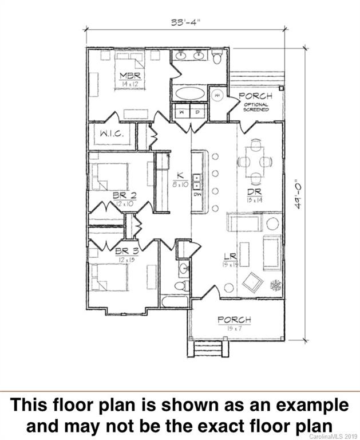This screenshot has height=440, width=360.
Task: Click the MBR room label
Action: click(130, 76)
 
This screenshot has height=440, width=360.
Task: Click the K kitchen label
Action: click(179, 176)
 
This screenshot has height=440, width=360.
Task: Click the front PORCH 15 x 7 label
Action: click(234, 319)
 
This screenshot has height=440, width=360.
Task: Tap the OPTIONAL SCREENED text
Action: click(256, 107)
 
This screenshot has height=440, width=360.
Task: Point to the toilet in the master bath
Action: click(217, 56)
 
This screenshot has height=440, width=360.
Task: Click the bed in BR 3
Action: click(107, 278)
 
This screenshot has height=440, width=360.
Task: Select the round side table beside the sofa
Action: click(272, 223)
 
